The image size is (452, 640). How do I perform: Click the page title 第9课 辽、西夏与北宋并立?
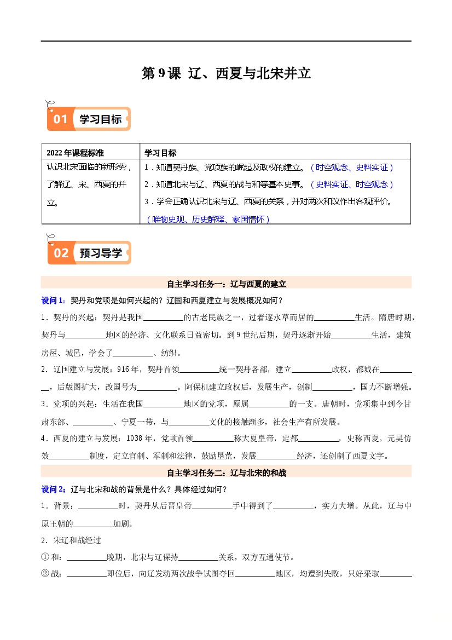coord(226,74)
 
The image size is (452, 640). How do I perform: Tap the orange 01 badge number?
coord(60,119)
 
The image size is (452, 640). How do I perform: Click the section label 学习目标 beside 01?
coord(101,119)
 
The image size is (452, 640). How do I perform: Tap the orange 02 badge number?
coord(61,252)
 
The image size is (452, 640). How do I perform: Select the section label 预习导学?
coord(101,253)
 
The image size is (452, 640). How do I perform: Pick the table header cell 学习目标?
coord(160,152)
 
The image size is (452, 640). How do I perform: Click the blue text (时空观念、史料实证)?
coord(352,168)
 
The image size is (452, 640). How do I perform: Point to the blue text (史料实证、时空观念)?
coord(352,184)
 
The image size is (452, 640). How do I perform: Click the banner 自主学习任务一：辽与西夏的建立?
coord(226,284)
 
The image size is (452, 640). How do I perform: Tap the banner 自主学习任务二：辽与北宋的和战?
coord(226,472)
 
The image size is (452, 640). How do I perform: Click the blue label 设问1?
coord(54,301)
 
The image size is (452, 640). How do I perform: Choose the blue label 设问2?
coord(54,489)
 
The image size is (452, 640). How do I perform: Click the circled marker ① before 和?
coord(45,557)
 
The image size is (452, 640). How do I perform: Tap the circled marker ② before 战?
coord(45,574)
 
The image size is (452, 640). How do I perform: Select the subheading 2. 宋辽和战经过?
coord(71,540)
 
